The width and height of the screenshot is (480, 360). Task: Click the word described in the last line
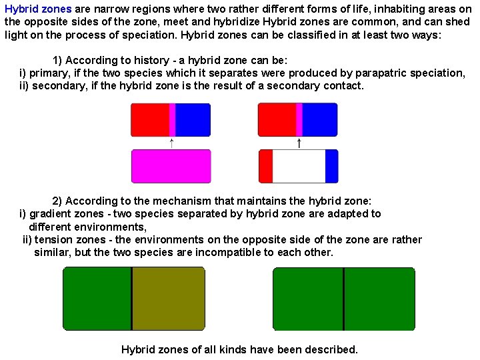pyautogui.click(x=333, y=349)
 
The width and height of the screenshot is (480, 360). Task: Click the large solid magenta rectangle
pyautogui.click(x=171, y=166)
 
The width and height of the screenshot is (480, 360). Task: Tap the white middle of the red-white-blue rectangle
pyautogui.click(x=299, y=166)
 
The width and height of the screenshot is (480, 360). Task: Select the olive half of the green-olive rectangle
pyautogui.click(x=168, y=299)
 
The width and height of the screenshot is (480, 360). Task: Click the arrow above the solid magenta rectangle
pyautogui.click(x=171, y=143)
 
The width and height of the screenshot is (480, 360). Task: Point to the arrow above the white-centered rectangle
pyautogui.click(x=299, y=143)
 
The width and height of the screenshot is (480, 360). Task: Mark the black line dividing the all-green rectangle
pyautogui.click(x=343, y=299)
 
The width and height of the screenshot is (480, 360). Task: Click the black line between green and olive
pyautogui.click(x=131, y=299)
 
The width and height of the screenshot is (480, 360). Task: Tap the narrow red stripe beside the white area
pyautogui.click(x=265, y=166)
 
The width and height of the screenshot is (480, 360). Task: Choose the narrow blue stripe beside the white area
pyautogui.click(x=331, y=166)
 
